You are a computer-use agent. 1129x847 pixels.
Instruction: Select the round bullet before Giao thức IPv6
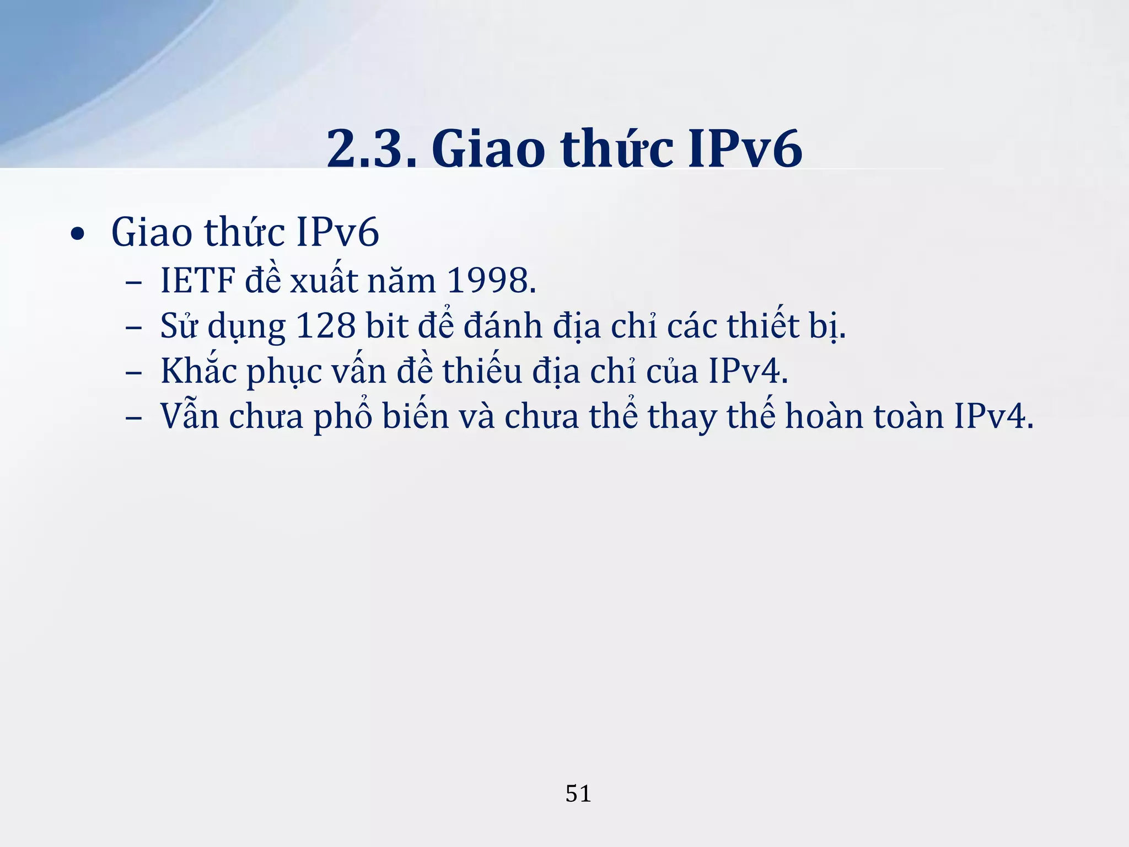pyautogui.click(x=78, y=235)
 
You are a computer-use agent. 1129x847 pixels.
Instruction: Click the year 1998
pyautogui.click(x=490, y=281)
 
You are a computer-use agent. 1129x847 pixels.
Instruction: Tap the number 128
pyautogui.click(x=326, y=326)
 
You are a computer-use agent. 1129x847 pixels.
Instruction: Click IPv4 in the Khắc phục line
pyautogui.click(x=748, y=371)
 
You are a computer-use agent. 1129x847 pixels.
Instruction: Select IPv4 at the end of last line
pyautogui.click(x=993, y=416)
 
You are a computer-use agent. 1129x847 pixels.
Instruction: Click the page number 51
pyautogui.click(x=578, y=794)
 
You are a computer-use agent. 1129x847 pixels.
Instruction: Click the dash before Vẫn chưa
pyautogui.click(x=133, y=418)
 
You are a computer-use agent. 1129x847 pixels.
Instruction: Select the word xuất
pyautogui.click(x=324, y=281)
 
